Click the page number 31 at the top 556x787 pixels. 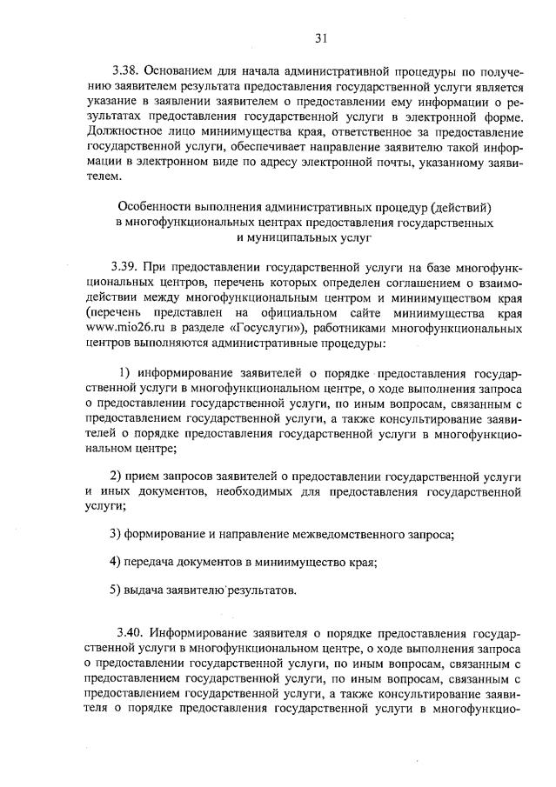pyautogui.click(x=320, y=37)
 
